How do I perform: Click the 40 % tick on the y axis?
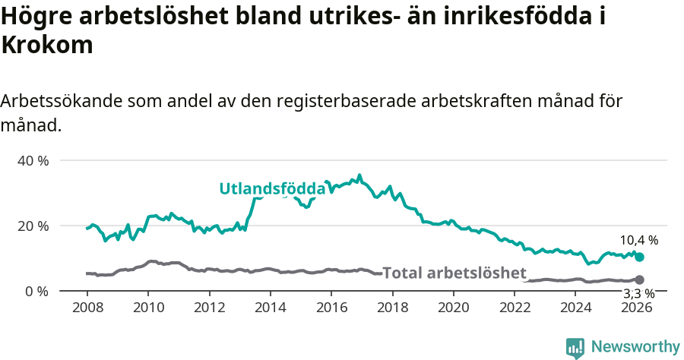(33, 161)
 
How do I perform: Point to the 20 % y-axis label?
(33, 226)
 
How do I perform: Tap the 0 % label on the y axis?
(37, 292)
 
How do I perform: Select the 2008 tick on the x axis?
(87, 308)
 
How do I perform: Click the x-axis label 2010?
(148, 308)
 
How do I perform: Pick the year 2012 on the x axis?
(209, 308)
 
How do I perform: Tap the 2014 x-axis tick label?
(270, 308)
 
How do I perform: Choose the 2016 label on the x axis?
(331, 308)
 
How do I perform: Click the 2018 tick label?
(392, 308)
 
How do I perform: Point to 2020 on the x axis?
(454, 308)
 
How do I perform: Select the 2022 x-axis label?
(515, 308)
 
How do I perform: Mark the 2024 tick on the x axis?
(576, 308)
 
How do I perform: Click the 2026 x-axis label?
(637, 308)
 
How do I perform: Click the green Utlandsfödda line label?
(272, 189)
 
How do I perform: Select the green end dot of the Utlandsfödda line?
(640, 257)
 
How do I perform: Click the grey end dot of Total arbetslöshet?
(640, 280)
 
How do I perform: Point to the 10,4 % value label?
(638, 240)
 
